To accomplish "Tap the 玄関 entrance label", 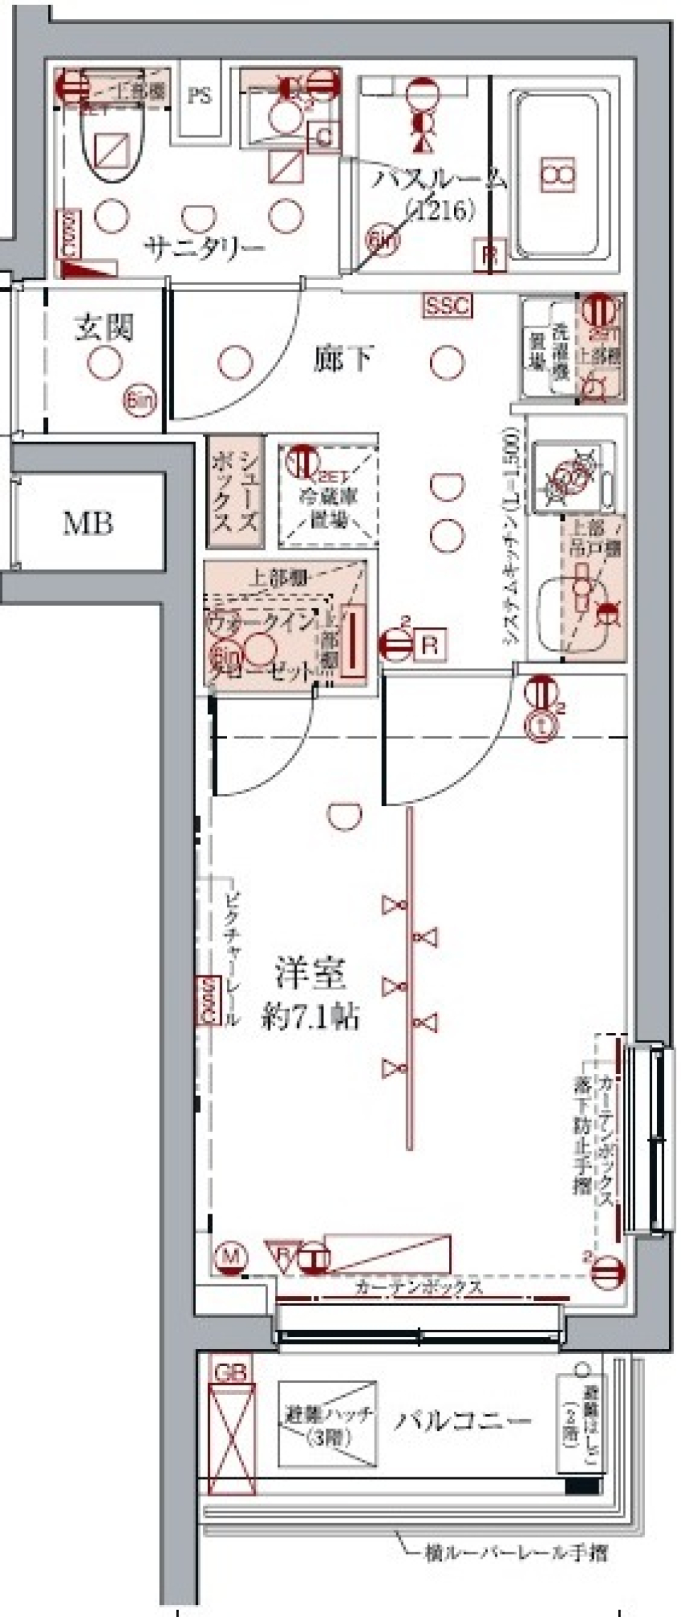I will click(104, 328).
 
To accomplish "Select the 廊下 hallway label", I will click(343, 359).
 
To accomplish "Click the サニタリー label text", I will click(204, 248).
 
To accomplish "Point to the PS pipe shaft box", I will click(199, 96).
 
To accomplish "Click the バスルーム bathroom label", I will click(440, 180).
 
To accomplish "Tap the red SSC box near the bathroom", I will click(448, 306).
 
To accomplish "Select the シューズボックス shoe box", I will click(235, 491).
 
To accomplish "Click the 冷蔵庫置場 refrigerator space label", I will click(328, 508).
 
